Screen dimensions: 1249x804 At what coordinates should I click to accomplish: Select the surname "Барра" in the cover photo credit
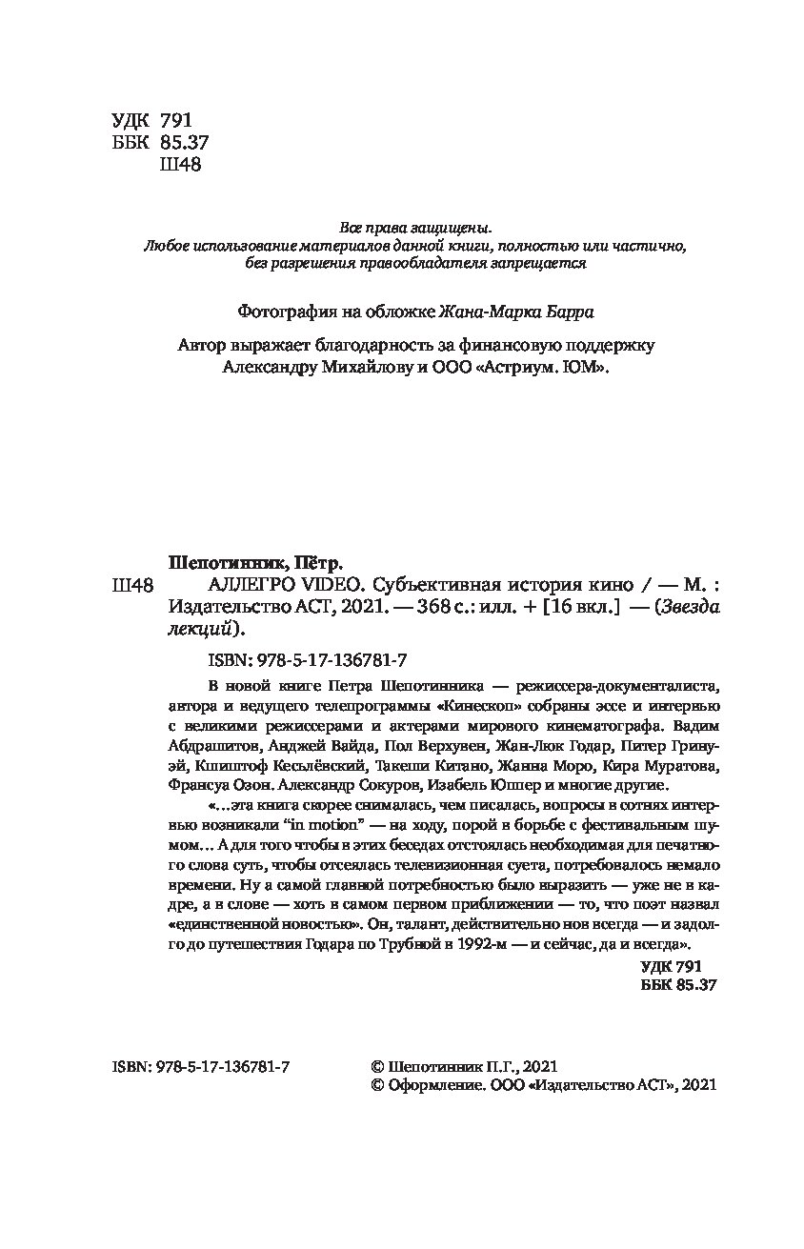pos(575,312)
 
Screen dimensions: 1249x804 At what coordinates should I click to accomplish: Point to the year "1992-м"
pos(462,943)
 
